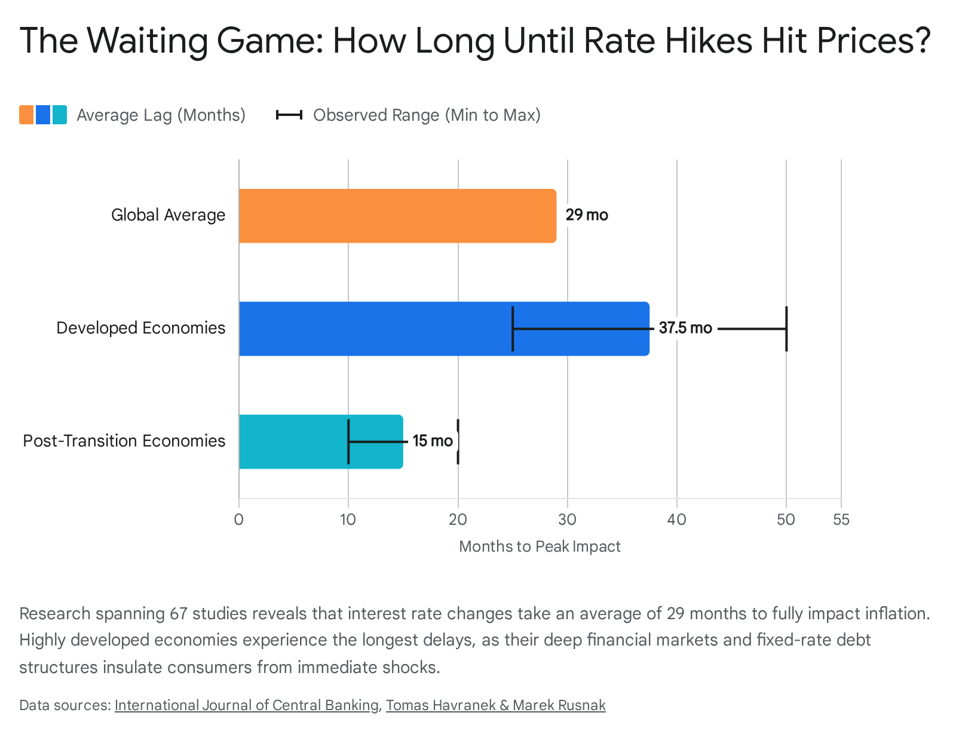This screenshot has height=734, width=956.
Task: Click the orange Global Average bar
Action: [x=397, y=216]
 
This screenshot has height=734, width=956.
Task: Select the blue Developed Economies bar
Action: [x=444, y=329]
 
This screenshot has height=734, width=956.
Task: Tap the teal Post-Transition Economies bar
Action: [x=321, y=441]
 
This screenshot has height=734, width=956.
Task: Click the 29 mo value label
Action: [x=587, y=215]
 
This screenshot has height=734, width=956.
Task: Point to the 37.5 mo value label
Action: [x=685, y=328]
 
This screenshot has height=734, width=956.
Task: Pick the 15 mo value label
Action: [x=433, y=441]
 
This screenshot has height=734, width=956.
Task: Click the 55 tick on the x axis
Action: [x=841, y=519]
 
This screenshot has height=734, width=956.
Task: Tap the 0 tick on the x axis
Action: [x=239, y=519]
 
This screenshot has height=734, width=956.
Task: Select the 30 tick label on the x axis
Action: [x=567, y=519]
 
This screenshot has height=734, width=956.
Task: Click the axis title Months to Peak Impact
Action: [x=540, y=546]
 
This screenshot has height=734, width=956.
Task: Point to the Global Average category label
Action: [x=168, y=215]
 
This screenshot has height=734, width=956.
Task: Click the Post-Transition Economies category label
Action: [x=124, y=441]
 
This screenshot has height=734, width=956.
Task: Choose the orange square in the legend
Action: [x=26, y=115]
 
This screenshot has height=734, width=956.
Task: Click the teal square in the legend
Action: [x=59, y=115]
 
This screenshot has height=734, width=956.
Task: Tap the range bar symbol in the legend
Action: [x=289, y=115]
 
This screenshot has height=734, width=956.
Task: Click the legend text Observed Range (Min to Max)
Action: [x=427, y=115]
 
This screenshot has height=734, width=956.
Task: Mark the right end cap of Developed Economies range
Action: [x=786, y=329]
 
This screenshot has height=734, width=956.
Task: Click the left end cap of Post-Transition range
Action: [x=348, y=441]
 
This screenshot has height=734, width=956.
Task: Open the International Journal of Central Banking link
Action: [x=246, y=705]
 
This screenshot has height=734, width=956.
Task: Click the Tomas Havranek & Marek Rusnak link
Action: [x=496, y=705]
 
